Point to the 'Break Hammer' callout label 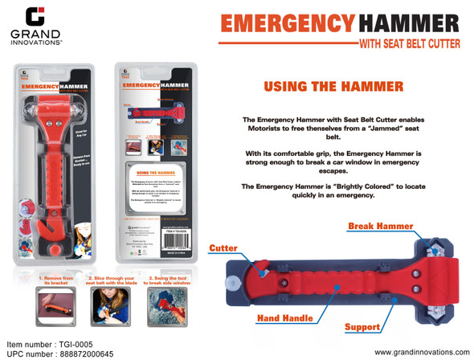pos(379,227)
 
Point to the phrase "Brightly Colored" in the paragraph pos(352,186)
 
